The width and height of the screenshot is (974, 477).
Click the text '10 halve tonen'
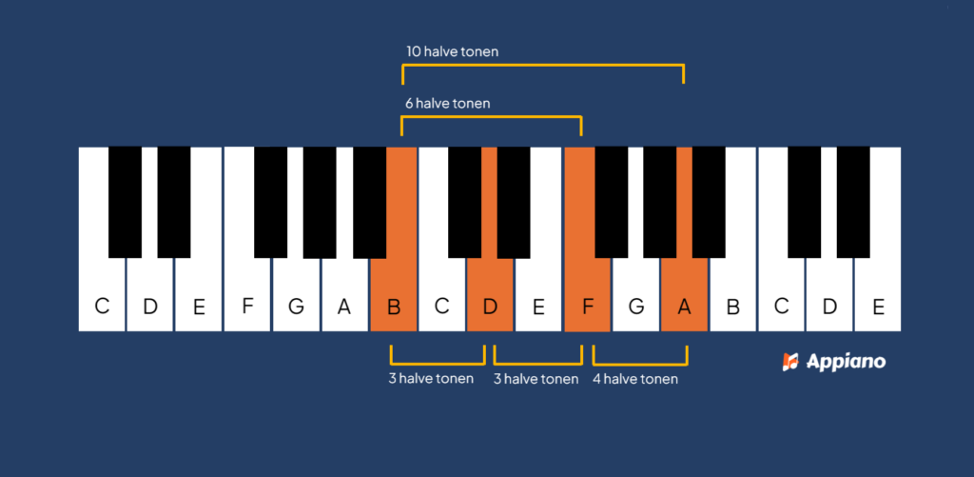[x=452, y=51]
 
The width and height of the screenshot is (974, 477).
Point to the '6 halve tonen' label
[x=448, y=103]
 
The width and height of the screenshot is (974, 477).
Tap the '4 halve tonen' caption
[x=634, y=379]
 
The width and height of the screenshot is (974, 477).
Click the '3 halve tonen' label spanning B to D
[x=431, y=378]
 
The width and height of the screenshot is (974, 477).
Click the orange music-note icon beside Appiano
[x=790, y=362]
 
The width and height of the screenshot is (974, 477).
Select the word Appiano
[x=846, y=362]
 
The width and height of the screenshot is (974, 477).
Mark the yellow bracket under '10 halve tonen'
[x=543, y=66]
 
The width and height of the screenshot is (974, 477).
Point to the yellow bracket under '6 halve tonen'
[x=492, y=117]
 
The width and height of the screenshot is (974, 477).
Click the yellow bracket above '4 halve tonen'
[x=640, y=364]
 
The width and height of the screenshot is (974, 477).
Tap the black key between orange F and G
[x=612, y=202]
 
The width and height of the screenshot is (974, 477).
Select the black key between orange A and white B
[x=709, y=202]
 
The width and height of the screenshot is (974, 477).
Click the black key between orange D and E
[x=514, y=202]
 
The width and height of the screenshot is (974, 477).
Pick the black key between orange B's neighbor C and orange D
[x=464, y=202]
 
